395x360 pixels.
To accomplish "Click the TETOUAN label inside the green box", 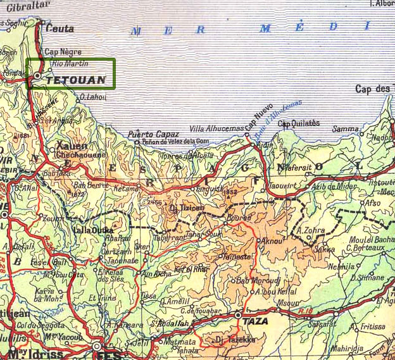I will (x=76, y=80).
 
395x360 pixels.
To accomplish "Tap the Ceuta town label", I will (x=60, y=28).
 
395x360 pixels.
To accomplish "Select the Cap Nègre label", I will (x=63, y=53).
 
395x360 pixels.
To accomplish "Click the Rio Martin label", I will (x=70, y=64).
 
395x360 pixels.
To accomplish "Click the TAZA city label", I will (x=258, y=321).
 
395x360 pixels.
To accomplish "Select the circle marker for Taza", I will (x=238, y=314).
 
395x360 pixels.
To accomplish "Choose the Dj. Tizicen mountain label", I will (x=187, y=208).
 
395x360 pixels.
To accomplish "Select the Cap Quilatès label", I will (x=299, y=123).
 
